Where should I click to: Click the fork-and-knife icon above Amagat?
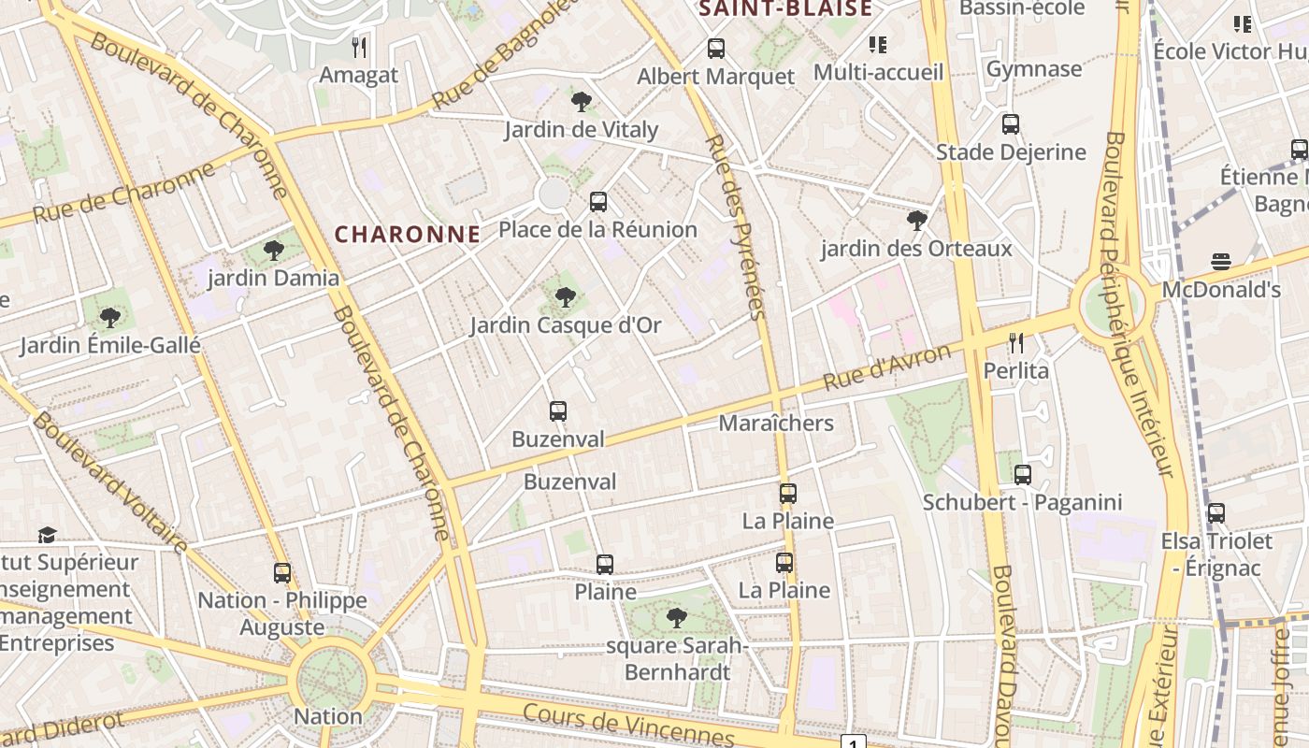pyautogui.click(x=359, y=47)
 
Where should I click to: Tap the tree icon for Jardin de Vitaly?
pyautogui.click(x=581, y=101)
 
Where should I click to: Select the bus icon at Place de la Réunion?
pyautogui.click(x=598, y=201)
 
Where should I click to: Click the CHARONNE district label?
pyautogui.click(x=408, y=234)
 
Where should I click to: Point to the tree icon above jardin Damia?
pyautogui.click(x=273, y=250)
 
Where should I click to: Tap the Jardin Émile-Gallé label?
pyautogui.click(x=110, y=345)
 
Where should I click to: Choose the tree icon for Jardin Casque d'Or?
pyautogui.click(x=565, y=297)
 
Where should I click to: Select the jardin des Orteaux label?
pyautogui.click(x=916, y=249)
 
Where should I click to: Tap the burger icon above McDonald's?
pyautogui.click(x=1220, y=262)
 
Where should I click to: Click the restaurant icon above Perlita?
pyautogui.click(x=1016, y=343)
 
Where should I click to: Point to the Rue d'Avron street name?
pyautogui.click(x=887, y=367)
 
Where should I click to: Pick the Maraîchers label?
pyautogui.click(x=776, y=423)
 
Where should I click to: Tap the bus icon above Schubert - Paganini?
pyautogui.click(x=1023, y=474)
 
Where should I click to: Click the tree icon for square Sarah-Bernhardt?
pyautogui.click(x=676, y=617)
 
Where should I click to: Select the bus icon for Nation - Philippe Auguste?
pyautogui.click(x=282, y=572)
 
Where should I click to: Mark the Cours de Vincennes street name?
pyautogui.click(x=628, y=726)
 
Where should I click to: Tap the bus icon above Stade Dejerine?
pyautogui.click(x=1010, y=124)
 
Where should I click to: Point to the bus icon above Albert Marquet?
pyautogui.click(x=716, y=49)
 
